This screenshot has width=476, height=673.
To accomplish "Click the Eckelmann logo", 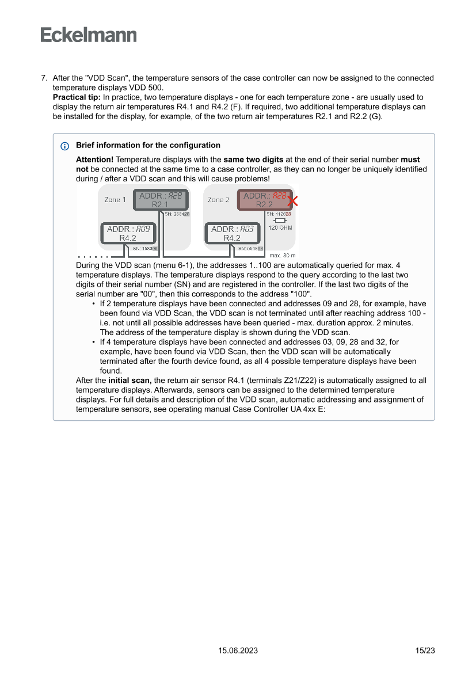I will (89, 35).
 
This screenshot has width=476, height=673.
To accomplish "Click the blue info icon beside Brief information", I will (64, 146).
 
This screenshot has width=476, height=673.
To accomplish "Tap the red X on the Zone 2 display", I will (292, 201).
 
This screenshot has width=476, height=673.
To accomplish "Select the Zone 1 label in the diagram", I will (115, 200).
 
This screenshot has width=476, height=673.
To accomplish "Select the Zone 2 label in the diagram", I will (219, 200).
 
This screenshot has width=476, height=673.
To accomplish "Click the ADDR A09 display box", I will (128, 233).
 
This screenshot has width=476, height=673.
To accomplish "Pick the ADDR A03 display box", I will (232, 233).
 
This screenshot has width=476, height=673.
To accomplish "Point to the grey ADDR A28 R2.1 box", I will (160, 200).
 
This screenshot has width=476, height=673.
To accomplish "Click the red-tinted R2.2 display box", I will (264, 200).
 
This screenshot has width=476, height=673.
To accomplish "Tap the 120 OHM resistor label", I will (280, 228).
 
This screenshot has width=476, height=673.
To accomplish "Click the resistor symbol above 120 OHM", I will (280, 220).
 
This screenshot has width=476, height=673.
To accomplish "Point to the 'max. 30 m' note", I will (282, 255).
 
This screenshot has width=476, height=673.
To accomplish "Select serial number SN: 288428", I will (177, 214).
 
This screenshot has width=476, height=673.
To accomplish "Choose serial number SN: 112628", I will (279, 214).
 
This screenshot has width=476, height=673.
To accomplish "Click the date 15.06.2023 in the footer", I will (238, 651).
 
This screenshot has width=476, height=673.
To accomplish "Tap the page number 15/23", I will (425, 651).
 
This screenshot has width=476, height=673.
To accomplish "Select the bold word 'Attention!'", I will (95, 159).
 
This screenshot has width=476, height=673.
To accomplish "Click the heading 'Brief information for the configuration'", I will (148, 145).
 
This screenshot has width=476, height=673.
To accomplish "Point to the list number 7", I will (44, 78).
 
